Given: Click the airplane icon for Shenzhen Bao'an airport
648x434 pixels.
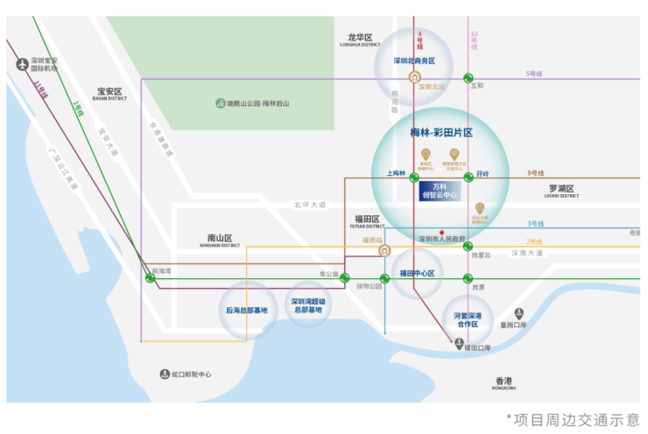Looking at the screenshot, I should click(x=22, y=63).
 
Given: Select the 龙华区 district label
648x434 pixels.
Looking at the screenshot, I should click(x=361, y=38).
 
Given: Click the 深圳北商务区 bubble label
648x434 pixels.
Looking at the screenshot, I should click(x=413, y=61).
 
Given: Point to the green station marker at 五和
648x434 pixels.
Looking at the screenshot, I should click(x=468, y=78).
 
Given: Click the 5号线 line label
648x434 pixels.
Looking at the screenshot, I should click(x=534, y=73).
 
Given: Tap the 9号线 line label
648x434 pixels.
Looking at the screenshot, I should click(x=535, y=173).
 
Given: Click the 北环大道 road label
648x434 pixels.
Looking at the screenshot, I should click(x=310, y=205).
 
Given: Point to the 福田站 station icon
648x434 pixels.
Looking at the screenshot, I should click(x=384, y=251).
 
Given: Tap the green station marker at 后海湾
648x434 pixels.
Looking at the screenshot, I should click(x=151, y=278).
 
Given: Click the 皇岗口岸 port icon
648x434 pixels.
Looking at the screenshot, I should click(x=519, y=313).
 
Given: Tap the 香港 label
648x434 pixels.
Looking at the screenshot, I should click(x=504, y=381).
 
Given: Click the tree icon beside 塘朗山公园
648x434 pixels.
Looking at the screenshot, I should click(x=219, y=103).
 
